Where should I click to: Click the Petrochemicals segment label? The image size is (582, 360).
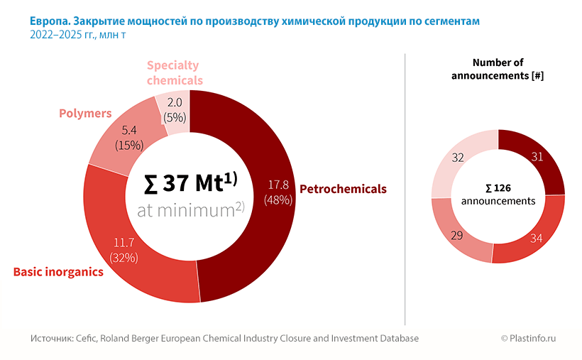[x=343, y=189]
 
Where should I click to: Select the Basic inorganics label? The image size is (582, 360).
[x=59, y=272]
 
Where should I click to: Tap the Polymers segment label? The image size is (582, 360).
[x=85, y=113]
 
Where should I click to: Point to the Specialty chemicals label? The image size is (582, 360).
[x=175, y=72]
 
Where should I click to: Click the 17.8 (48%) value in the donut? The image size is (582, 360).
[x=278, y=192]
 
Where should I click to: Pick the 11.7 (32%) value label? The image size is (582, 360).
[x=124, y=250]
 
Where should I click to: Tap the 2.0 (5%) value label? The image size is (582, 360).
[x=174, y=110]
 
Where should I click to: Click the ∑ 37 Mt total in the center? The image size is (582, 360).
[x=190, y=184]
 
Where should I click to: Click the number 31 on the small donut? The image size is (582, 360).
[x=537, y=157]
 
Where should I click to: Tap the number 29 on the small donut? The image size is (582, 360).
[x=457, y=235]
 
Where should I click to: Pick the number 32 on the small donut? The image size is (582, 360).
[x=458, y=158]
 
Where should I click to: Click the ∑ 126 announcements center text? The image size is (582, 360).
[x=498, y=195]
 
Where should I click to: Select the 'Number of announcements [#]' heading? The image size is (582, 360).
[x=498, y=69]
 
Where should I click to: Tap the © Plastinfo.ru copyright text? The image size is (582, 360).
[x=528, y=339]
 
